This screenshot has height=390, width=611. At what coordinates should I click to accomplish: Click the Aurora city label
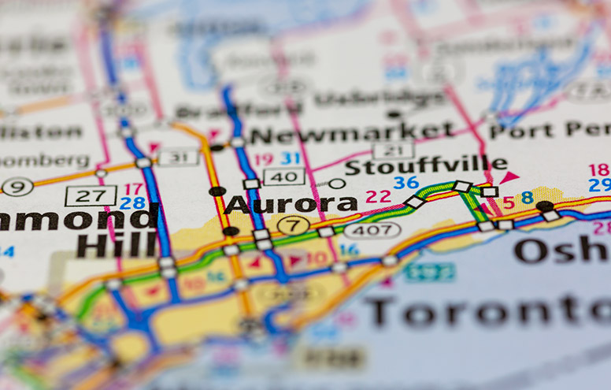click(x=291, y=205)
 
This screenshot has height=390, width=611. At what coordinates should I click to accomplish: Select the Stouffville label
click(x=425, y=167)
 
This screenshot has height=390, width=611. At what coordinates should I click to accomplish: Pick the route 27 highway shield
click(x=91, y=195)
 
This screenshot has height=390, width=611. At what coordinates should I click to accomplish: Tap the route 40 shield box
click(x=283, y=176)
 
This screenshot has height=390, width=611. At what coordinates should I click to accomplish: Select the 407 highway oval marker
click(x=372, y=230)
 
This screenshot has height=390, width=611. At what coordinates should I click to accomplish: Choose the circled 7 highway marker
click(x=294, y=225)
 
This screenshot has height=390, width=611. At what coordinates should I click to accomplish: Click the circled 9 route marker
click(x=17, y=187)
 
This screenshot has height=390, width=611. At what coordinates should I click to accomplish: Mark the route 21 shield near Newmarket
click(x=393, y=150)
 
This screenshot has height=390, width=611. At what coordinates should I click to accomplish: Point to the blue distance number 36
click(x=406, y=183)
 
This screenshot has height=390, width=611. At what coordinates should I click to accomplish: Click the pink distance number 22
click(x=378, y=197)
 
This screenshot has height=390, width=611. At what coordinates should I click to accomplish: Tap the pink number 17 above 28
click(x=134, y=189)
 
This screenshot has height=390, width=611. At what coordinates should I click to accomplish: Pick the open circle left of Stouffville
click(x=337, y=184)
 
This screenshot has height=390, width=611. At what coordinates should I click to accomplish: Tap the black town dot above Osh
click(x=544, y=206)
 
